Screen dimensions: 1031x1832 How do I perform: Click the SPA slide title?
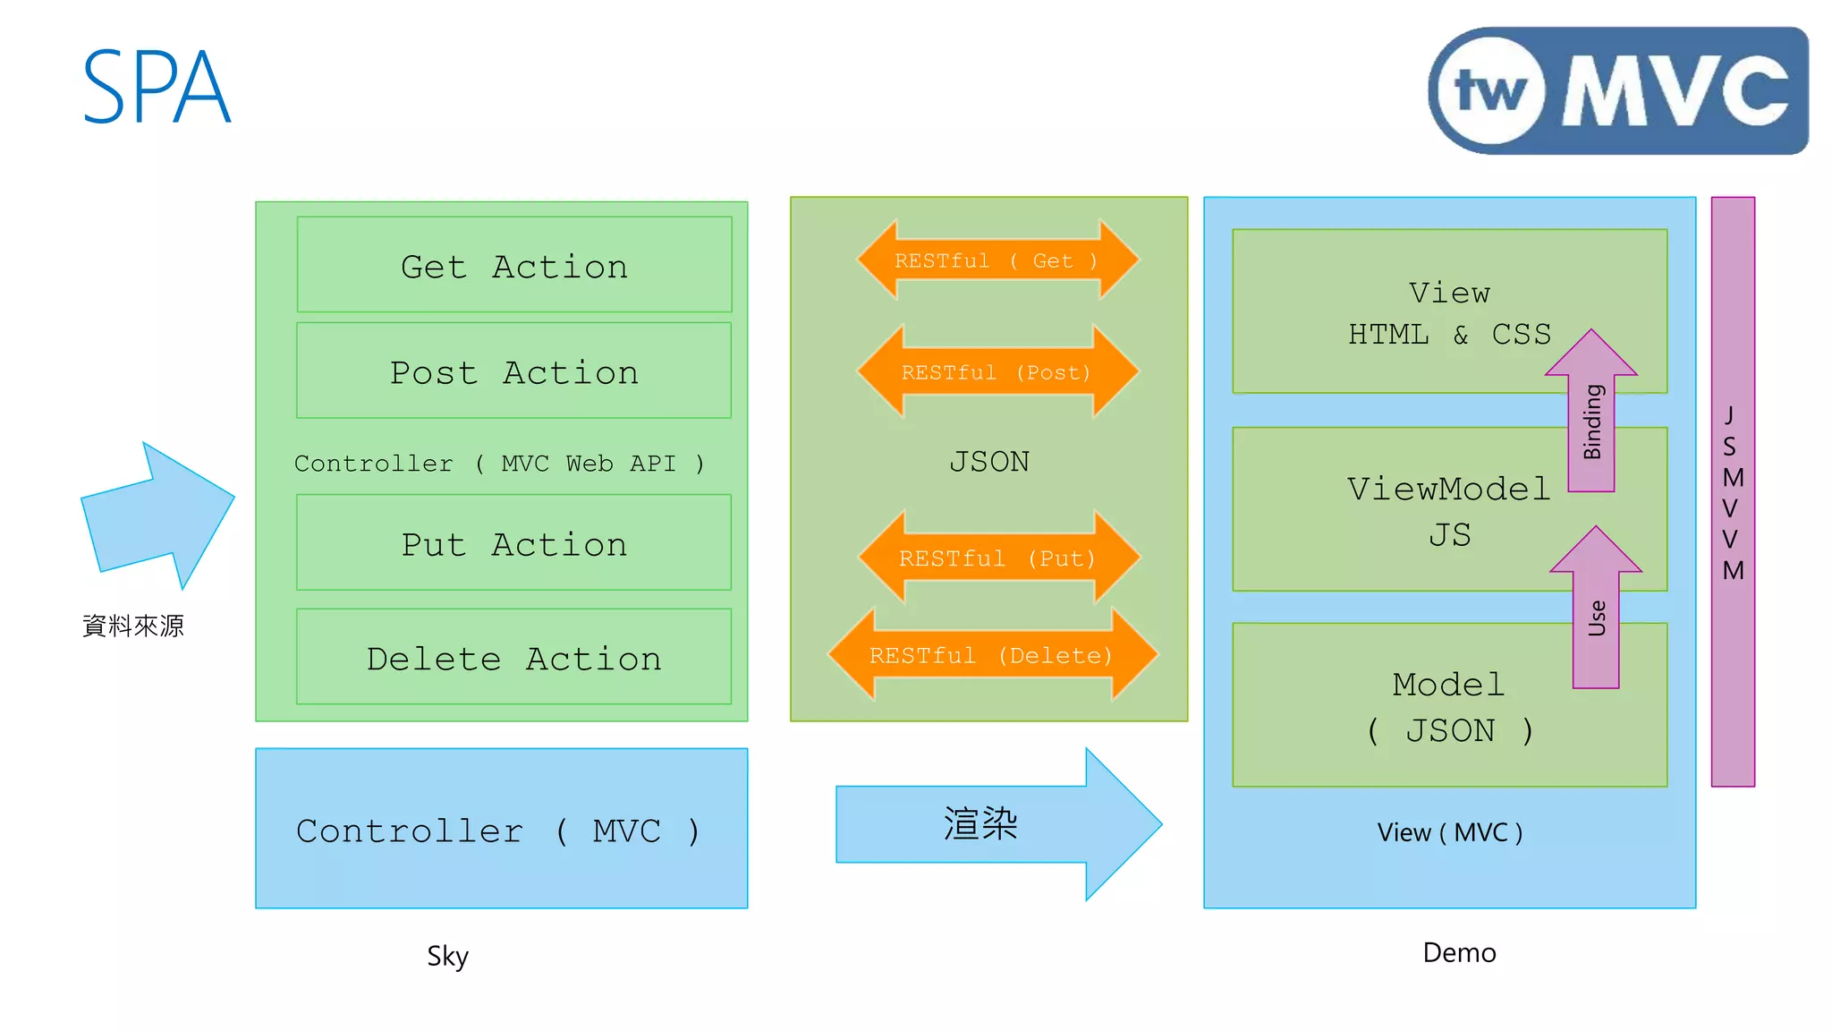(x=157, y=88)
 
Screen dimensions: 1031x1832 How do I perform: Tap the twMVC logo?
(x=1617, y=91)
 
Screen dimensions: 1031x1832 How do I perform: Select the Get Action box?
(x=514, y=266)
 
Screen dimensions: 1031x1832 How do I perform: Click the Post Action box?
(x=514, y=371)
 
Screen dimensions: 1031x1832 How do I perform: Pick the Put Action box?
(x=514, y=543)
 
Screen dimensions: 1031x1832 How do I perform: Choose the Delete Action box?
(x=514, y=658)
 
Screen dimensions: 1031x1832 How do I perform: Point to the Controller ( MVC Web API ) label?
(x=499, y=464)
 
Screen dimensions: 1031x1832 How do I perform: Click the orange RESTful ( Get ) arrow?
(x=997, y=260)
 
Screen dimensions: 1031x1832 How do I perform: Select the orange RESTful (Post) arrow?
(x=997, y=372)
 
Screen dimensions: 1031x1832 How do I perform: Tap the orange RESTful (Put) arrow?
(x=997, y=558)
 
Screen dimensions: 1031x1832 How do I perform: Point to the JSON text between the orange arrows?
(x=988, y=462)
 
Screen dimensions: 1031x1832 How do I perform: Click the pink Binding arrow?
(x=1591, y=421)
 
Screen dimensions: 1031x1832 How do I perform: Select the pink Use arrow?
(x=1596, y=618)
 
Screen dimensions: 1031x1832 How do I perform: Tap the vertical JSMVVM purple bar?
(x=1733, y=492)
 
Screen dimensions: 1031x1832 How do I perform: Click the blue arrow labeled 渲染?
(x=984, y=824)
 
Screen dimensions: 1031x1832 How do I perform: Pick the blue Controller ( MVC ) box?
(x=501, y=830)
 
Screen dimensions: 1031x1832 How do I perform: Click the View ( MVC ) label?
(x=1449, y=833)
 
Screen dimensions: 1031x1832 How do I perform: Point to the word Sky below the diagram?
(x=447, y=956)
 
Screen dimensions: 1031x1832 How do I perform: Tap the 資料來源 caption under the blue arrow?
(x=133, y=626)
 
